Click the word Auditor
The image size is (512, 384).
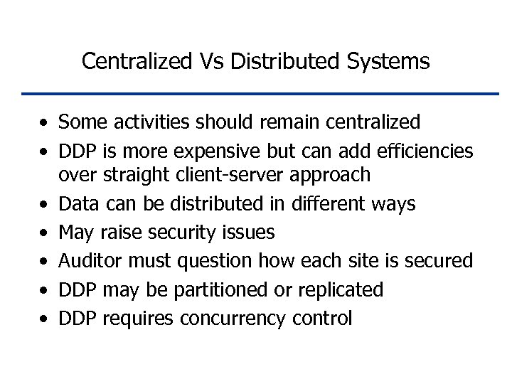coord(89,261)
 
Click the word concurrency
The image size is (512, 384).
coord(232,319)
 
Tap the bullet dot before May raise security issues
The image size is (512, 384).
coord(44,233)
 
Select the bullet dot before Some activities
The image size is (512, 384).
coord(44,123)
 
